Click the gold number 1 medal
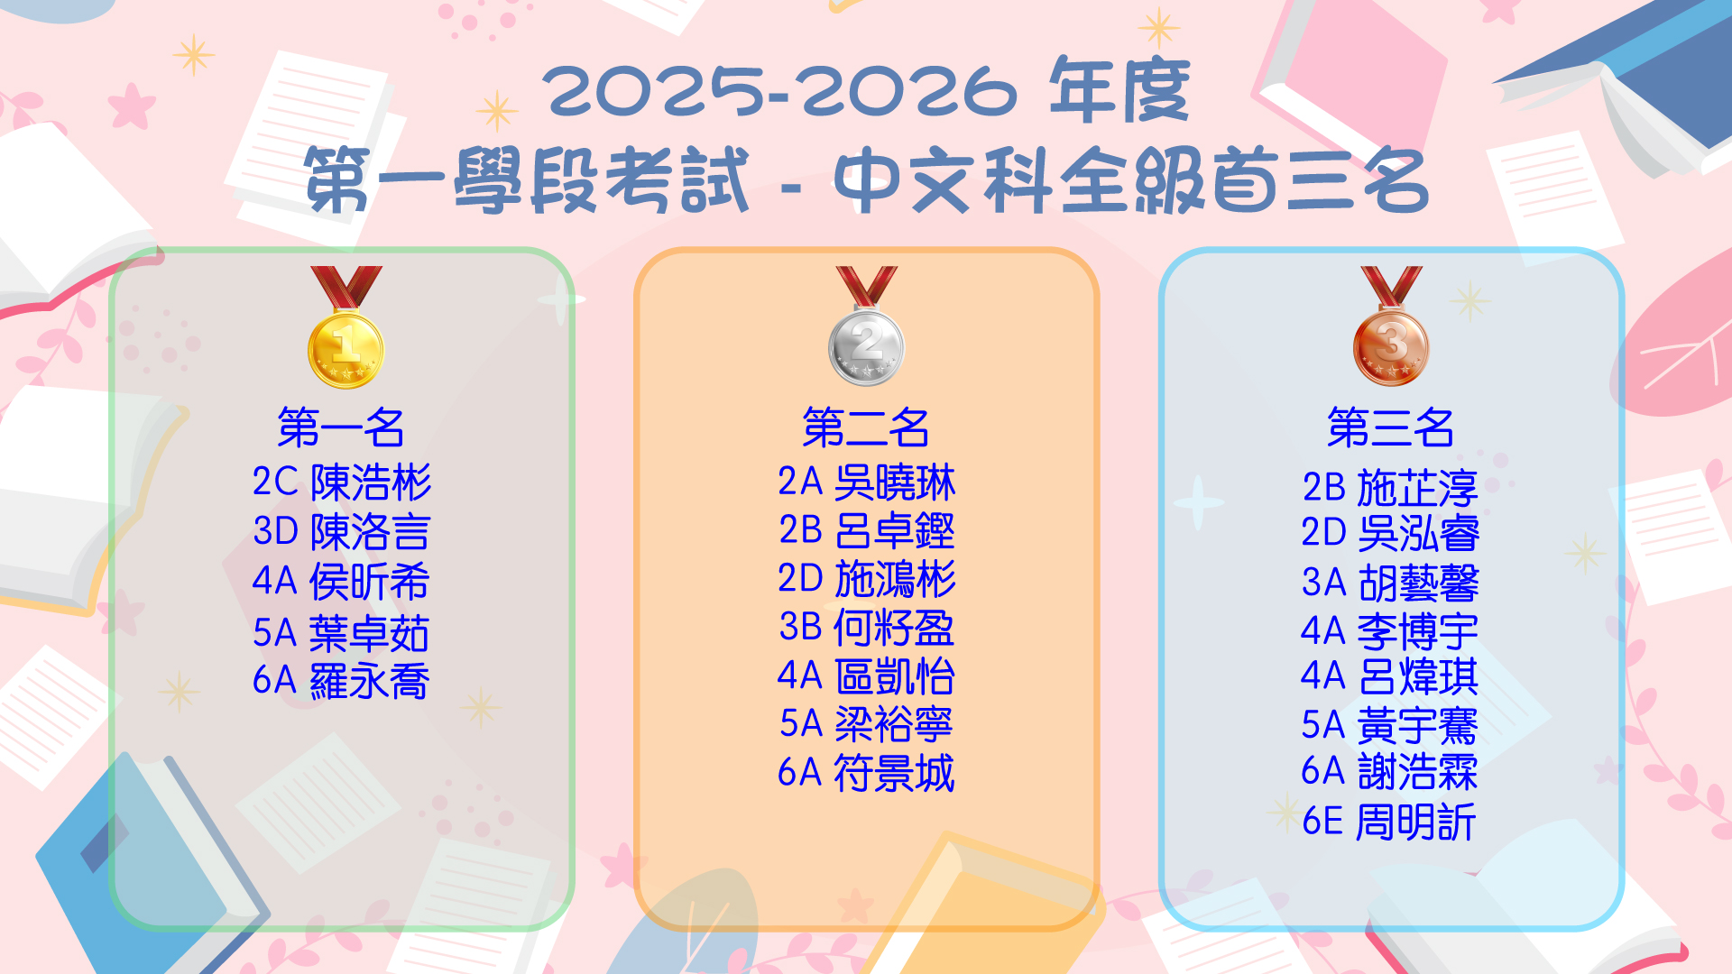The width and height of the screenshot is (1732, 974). coord(346,327)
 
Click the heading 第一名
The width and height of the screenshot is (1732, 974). coord(341,427)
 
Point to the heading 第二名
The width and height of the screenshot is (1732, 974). coord(866,427)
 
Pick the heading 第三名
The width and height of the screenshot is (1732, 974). coord(1391,427)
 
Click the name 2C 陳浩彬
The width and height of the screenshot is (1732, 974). coord(342,482)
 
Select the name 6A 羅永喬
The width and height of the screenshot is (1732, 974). coord(341,681)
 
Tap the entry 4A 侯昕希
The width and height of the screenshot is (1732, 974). coord(341,582)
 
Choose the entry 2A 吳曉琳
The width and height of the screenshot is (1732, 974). coord(866,482)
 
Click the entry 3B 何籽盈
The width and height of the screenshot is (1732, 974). coord(866,628)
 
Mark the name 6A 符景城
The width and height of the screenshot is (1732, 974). coord(866,773)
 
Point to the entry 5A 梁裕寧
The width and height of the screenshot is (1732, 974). coord(866,724)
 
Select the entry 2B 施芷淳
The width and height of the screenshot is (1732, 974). coord(1390,488)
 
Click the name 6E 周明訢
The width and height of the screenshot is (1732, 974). coord(1389,822)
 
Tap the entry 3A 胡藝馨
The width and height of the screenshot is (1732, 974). coord(1390,583)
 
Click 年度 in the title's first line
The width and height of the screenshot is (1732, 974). coord(1119,90)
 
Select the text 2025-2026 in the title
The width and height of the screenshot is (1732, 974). coord(779,91)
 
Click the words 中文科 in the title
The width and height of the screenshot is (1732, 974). coord(943,181)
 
